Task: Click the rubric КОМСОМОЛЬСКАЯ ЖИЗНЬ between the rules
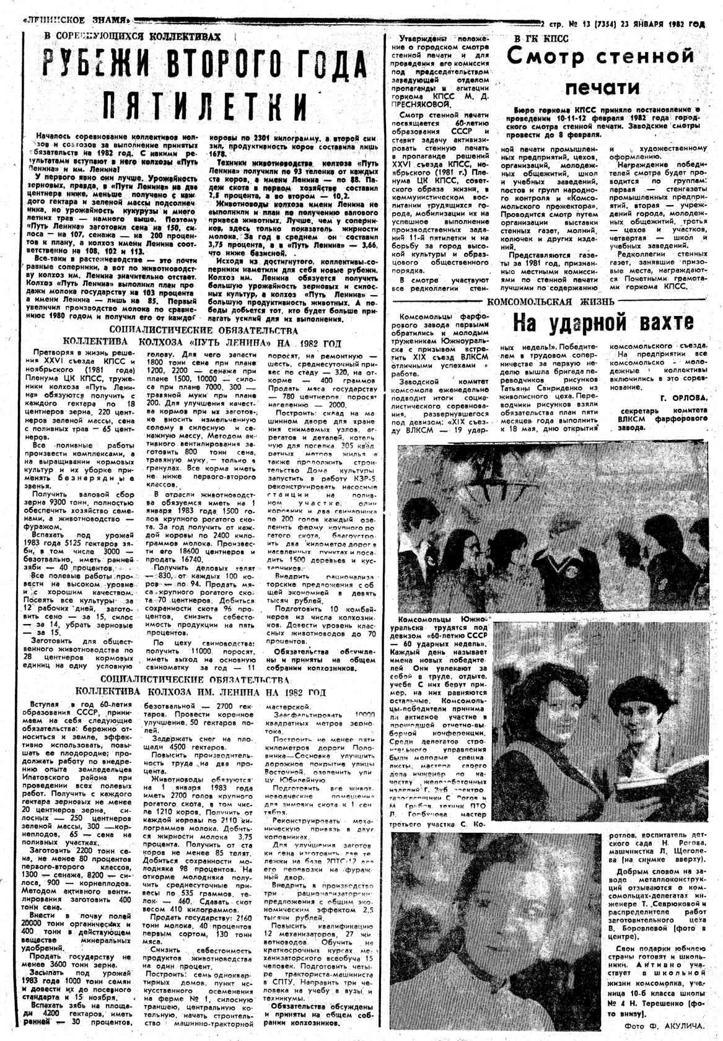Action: click(551, 302)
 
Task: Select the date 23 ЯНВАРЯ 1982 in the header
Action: click(662, 25)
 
